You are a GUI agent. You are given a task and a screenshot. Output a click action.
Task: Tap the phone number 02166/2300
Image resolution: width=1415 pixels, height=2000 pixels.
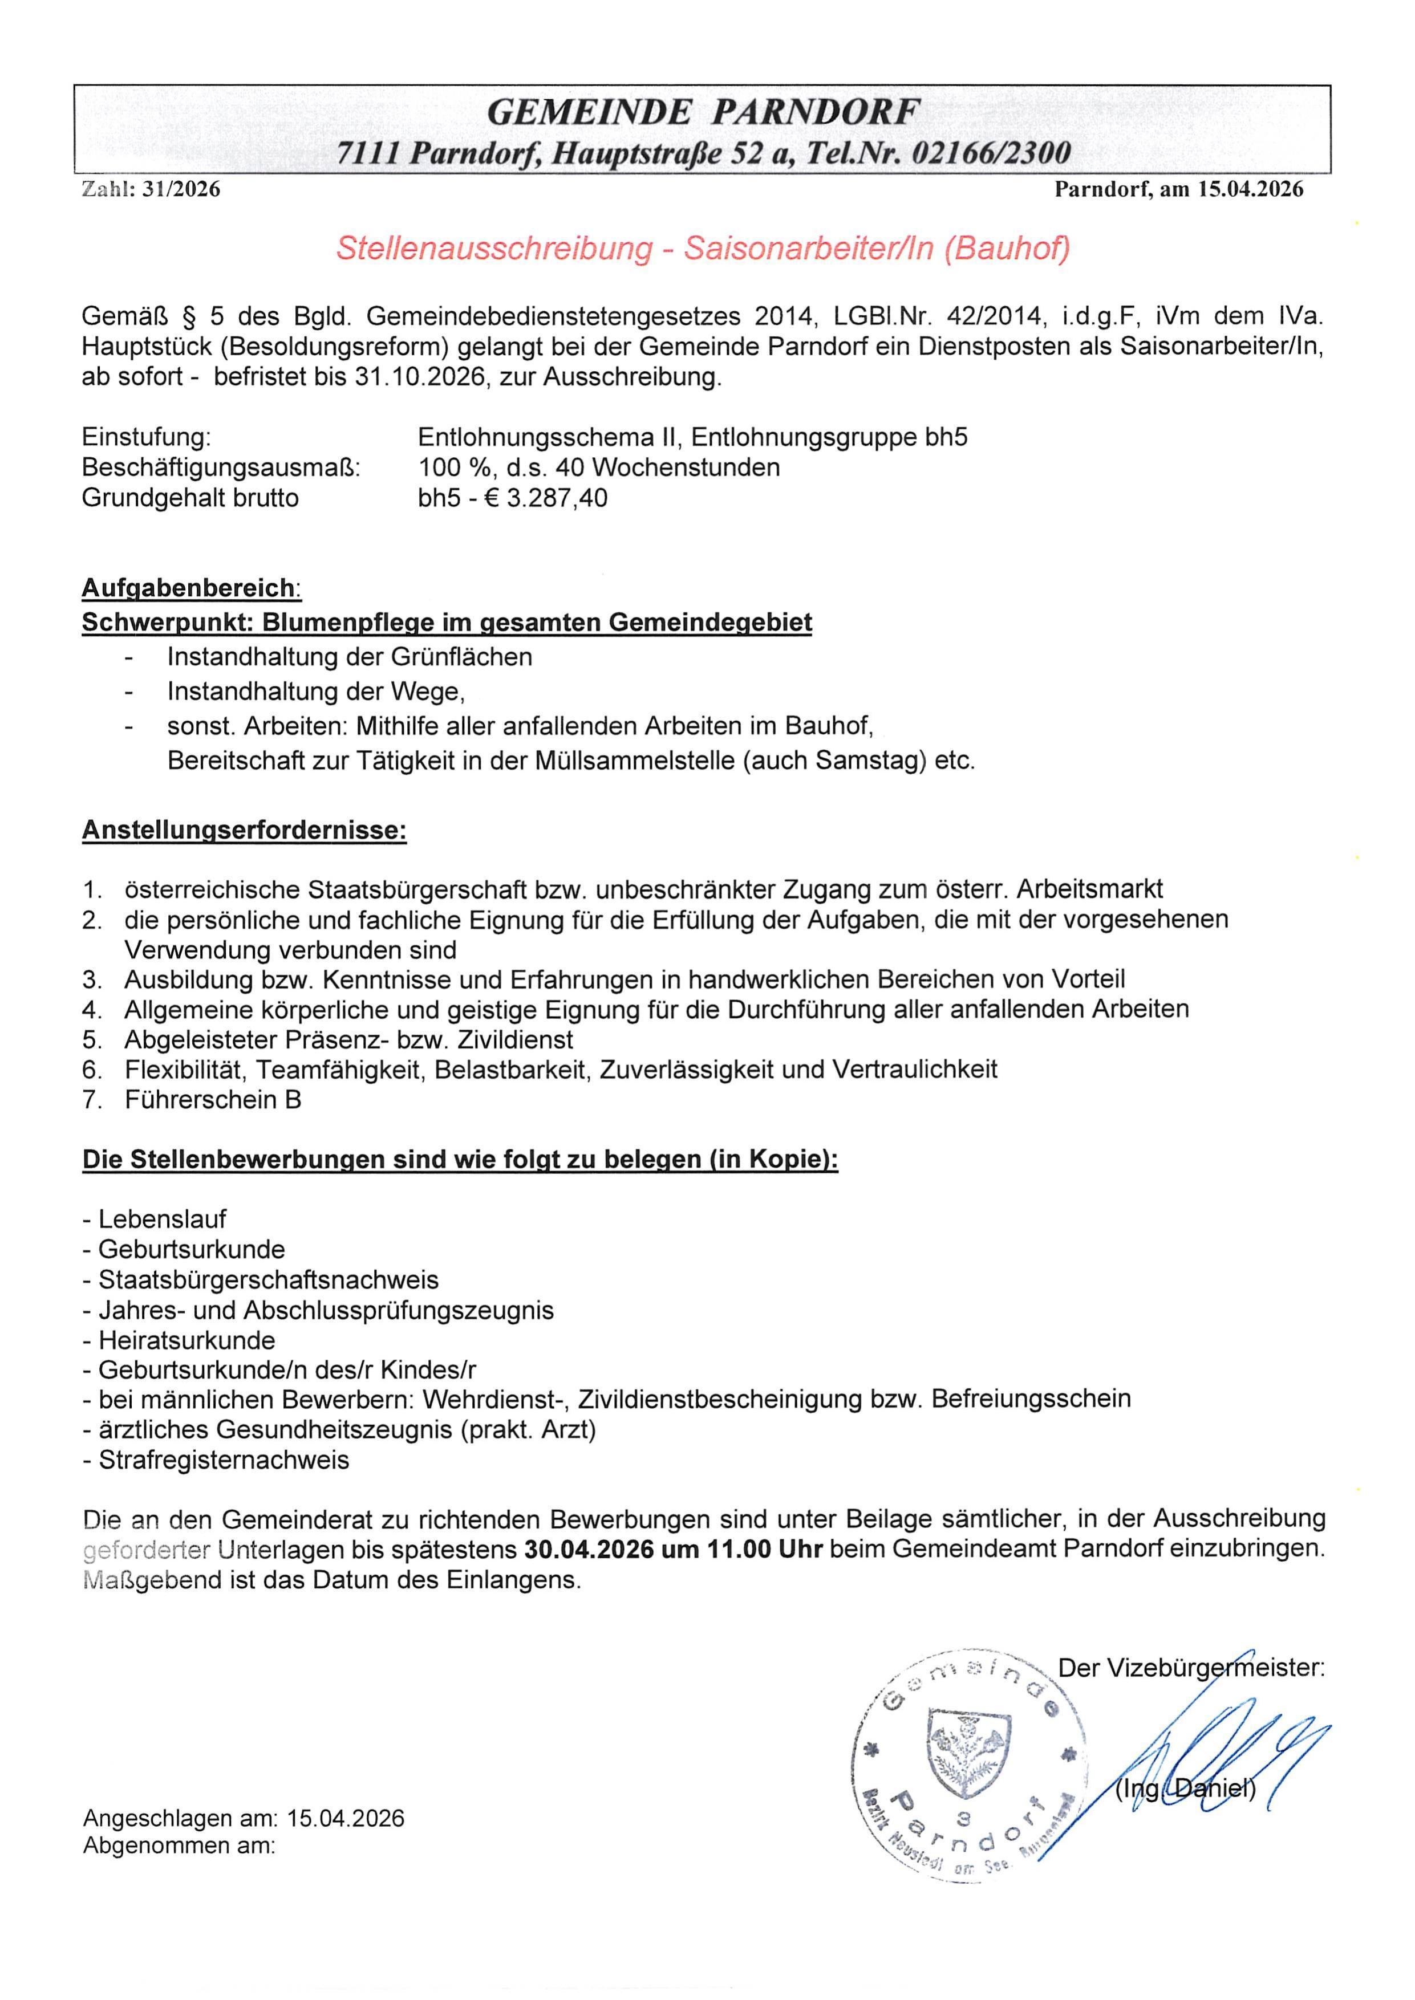tap(991, 154)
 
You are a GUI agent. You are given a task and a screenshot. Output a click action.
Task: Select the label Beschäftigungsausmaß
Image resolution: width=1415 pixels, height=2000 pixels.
tap(221, 468)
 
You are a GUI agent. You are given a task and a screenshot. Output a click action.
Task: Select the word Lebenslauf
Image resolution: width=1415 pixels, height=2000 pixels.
tap(162, 1218)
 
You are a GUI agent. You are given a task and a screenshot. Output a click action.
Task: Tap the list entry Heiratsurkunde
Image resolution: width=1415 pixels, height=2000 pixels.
tap(186, 1340)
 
